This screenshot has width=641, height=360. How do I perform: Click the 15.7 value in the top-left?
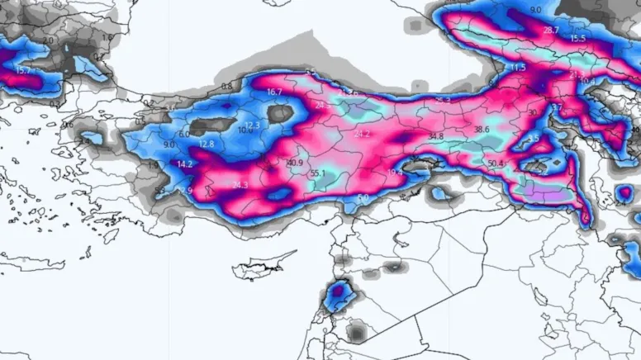point(22,71)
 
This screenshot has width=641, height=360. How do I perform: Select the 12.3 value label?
point(252,125)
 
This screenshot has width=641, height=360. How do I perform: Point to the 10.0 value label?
point(245,130)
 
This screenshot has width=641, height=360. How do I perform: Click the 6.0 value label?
point(183,134)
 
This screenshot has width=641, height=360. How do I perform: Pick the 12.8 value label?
point(206,144)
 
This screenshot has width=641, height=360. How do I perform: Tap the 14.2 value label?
point(184,164)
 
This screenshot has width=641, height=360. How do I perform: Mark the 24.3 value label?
point(240,185)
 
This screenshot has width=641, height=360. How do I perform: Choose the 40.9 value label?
point(294,163)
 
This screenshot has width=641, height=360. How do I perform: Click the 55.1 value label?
point(318,173)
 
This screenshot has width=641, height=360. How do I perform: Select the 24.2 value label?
point(362,133)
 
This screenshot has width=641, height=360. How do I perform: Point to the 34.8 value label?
point(436,135)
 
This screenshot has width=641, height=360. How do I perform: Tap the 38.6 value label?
point(482,130)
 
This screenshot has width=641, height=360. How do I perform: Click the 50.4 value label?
point(496,163)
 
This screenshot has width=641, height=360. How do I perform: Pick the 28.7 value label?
point(551,30)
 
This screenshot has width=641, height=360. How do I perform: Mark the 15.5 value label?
point(577,39)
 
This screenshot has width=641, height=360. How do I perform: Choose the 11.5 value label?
point(518,67)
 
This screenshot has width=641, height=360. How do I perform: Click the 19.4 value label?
point(394,172)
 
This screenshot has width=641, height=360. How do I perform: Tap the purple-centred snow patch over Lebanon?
point(339,293)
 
